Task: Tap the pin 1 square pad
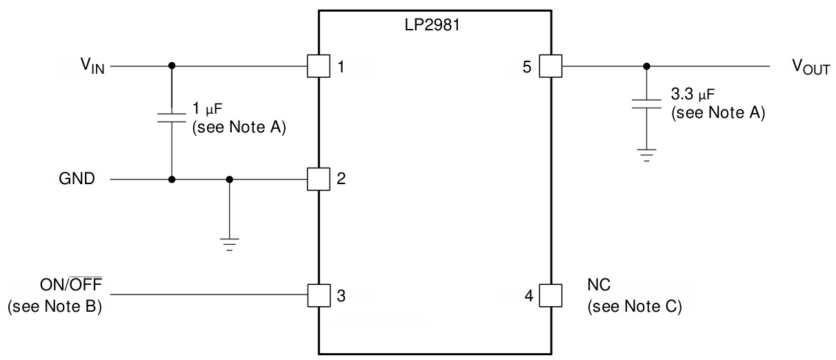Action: click(x=318, y=67)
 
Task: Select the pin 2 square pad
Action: click(x=318, y=180)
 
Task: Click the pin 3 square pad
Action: click(x=318, y=297)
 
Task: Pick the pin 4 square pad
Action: click(x=550, y=297)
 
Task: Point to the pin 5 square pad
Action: click(x=550, y=67)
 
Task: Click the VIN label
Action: click(x=92, y=68)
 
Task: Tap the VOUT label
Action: click(x=810, y=68)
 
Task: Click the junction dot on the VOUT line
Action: click(x=646, y=67)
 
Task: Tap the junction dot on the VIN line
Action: click(x=171, y=67)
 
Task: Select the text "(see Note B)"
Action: click(x=54, y=307)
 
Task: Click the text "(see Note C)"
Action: click(x=634, y=307)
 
